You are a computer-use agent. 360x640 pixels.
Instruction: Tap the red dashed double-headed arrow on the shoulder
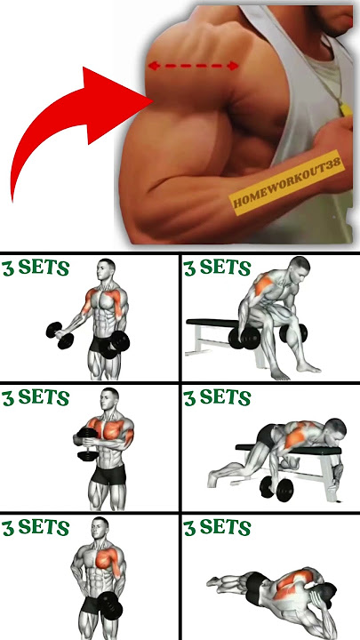(193, 65)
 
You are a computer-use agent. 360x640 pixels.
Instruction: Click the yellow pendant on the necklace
(345, 109)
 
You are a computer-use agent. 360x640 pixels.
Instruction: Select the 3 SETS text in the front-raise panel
(36, 268)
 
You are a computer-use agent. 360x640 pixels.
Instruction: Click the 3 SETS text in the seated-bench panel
(217, 268)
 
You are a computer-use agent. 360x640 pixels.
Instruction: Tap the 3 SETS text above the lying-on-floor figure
(217, 527)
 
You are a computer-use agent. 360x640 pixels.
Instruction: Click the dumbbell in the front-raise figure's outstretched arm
(60, 335)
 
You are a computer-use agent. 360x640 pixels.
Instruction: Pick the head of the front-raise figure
(106, 270)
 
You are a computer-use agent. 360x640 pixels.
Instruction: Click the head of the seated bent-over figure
(300, 268)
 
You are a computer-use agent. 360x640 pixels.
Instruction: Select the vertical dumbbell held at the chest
(87, 444)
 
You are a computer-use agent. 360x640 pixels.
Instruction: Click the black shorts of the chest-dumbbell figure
(108, 474)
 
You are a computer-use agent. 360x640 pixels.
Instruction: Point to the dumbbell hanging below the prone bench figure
(276, 489)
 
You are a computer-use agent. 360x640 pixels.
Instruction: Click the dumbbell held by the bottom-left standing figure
(110, 605)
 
